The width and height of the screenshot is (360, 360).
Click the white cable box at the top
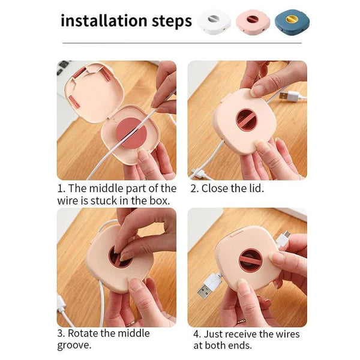coord(214,22)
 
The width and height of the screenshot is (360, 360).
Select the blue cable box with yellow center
coord(292,22)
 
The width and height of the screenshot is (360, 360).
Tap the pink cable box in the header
coord(253,22)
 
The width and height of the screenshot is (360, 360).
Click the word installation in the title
coord(104,20)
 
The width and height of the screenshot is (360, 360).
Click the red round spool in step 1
coord(131,133)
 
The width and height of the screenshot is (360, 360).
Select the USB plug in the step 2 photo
coord(289,95)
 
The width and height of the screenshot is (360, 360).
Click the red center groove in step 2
coord(246,120)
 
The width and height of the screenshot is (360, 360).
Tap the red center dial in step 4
coord(250,260)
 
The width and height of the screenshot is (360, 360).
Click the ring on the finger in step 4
coord(242,322)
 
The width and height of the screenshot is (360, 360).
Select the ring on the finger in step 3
coord(130,324)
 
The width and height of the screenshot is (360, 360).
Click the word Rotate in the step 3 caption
coord(84,334)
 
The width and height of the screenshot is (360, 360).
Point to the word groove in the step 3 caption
coord(74,346)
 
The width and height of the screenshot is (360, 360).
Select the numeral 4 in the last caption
coord(196,334)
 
